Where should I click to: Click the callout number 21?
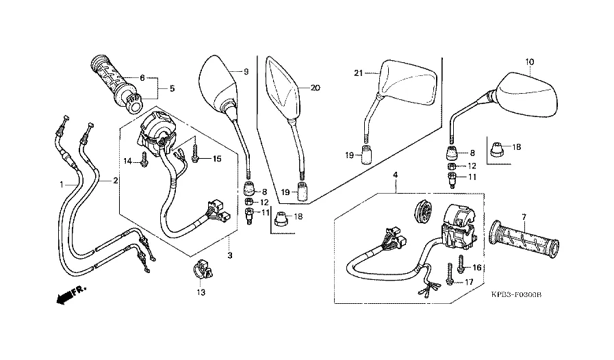357,73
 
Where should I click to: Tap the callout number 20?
315,88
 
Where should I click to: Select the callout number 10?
529,62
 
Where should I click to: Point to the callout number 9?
246,71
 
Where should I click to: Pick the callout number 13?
200,292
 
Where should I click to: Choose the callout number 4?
395,176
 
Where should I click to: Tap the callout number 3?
231,255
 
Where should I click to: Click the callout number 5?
172,88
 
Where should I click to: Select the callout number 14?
127,161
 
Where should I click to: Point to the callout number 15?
217,159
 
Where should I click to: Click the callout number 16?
478,267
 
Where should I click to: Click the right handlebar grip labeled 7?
524,237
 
